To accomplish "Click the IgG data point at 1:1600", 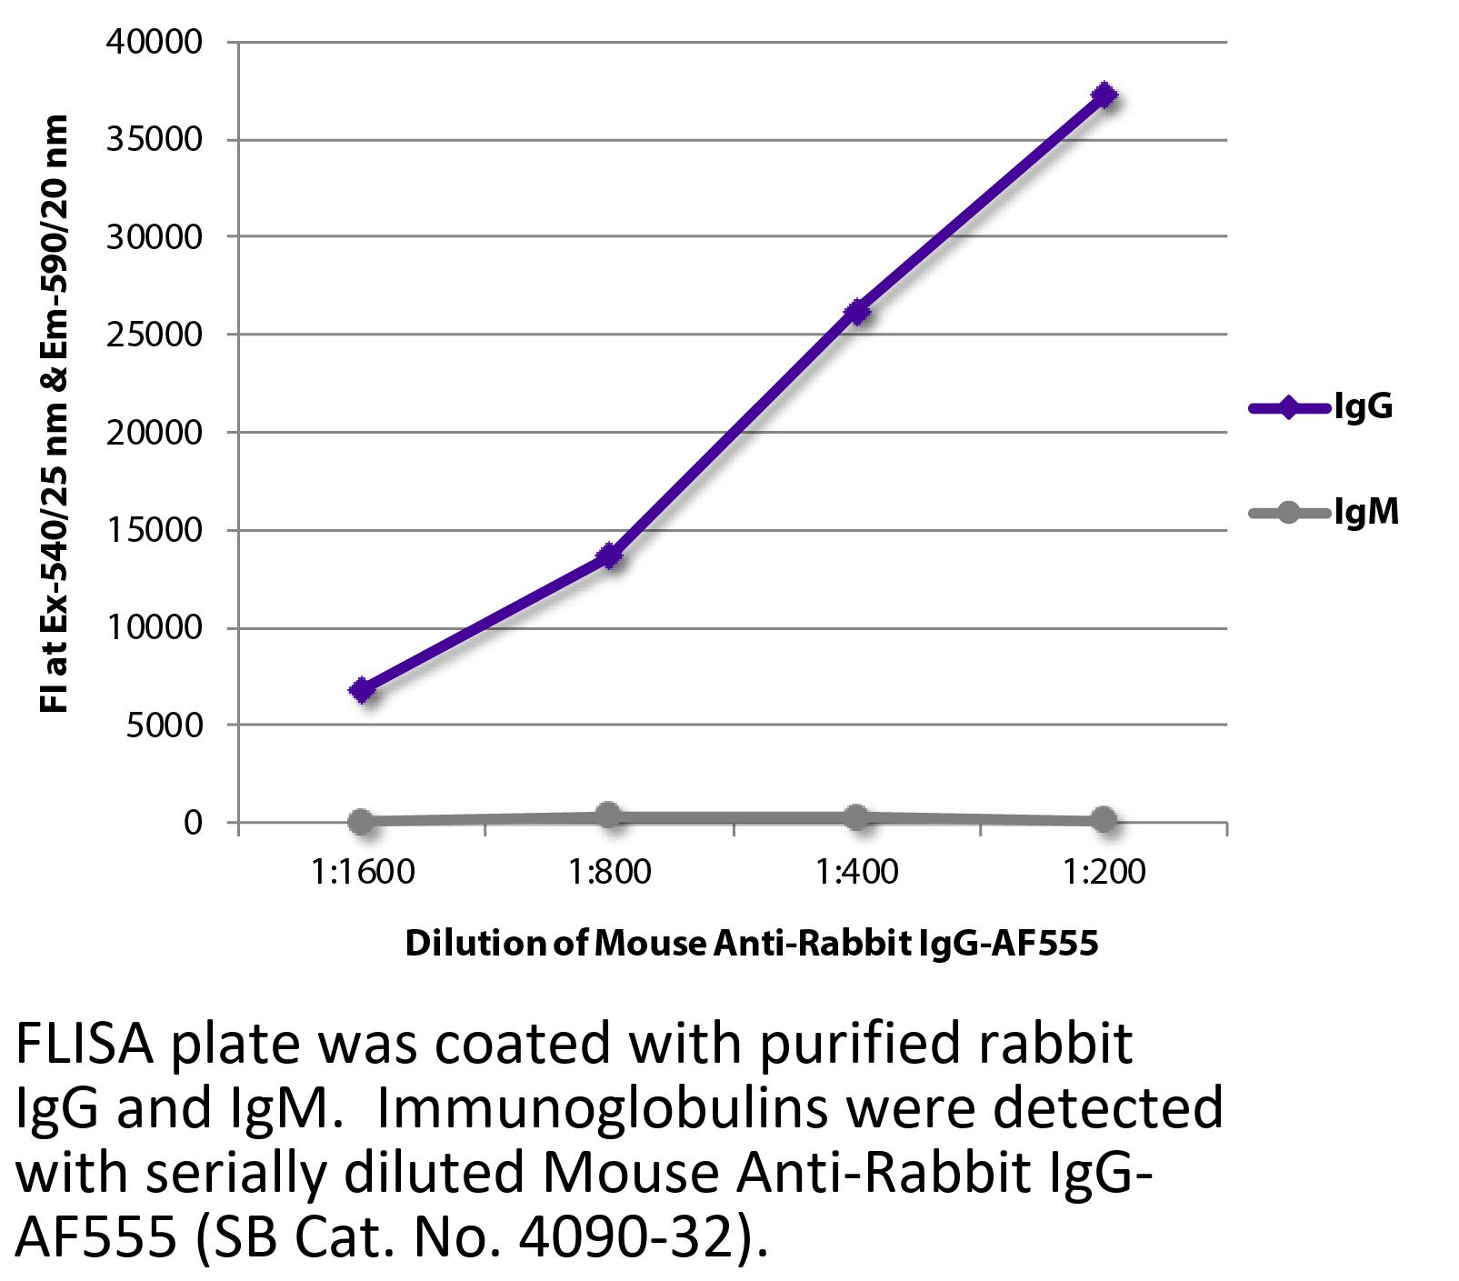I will [x=362, y=689].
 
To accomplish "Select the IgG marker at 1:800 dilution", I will [x=609, y=555].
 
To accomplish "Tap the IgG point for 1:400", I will [x=856, y=312].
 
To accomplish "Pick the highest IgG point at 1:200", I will [x=1104, y=95].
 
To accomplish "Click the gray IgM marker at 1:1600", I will [x=361, y=822].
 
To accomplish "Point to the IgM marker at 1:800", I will [x=608, y=816].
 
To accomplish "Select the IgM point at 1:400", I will [x=855, y=816].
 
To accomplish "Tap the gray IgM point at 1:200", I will [x=1104, y=820].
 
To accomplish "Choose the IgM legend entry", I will [x=1324, y=514].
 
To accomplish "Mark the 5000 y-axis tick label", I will [x=167, y=726].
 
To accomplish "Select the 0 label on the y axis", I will [x=192, y=823].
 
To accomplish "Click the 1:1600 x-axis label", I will [x=362, y=873].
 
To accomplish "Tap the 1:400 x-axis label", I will [x=856, y=873].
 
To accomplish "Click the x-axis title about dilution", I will [x=751, y=943].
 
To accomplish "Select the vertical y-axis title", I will [x=55, y=414].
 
